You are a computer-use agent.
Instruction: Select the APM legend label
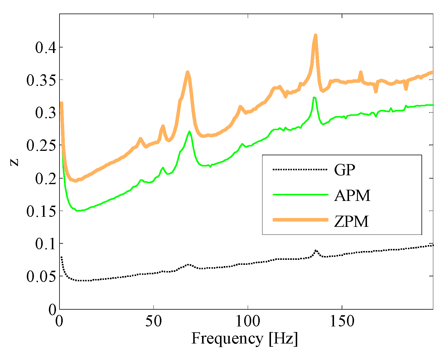pyautogui.click(x=352, y=195)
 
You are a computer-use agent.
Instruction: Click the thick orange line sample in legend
pyautogui.click(x=300, y=220)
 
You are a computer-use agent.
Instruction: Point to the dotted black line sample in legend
pyautogui.click(x=300, y=169)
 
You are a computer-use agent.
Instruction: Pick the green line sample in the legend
pyautogui.click(x=300, y=195)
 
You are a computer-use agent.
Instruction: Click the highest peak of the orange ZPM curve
pyautogui.click(x=315, y=35)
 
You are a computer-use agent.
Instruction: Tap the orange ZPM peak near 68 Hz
pyautogui.click(x=187, y=72)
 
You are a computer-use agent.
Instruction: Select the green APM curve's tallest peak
pyautogui.click(x=314, y=97)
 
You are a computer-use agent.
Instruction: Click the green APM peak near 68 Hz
pyautogui.click(x=189, y=131)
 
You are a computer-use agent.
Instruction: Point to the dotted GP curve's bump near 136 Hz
pyautogui.click(x=316, y=250)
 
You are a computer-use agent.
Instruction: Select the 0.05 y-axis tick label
pyautogui.click(x=41, y=277)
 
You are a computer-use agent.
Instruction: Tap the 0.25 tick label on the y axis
pyautogui.click(x=41, y=146)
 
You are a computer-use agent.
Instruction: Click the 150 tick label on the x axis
pyautogui.click(x=342, y=321)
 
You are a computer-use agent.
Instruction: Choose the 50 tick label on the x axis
pyautogui.click(x=154, y=321)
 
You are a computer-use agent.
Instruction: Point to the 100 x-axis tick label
pyautogui.click(x=248, y=321)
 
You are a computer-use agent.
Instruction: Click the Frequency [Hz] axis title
pyautogui.click(x=245, y=338)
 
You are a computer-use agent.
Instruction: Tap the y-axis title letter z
pyautogui.click(x=14, y=162)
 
